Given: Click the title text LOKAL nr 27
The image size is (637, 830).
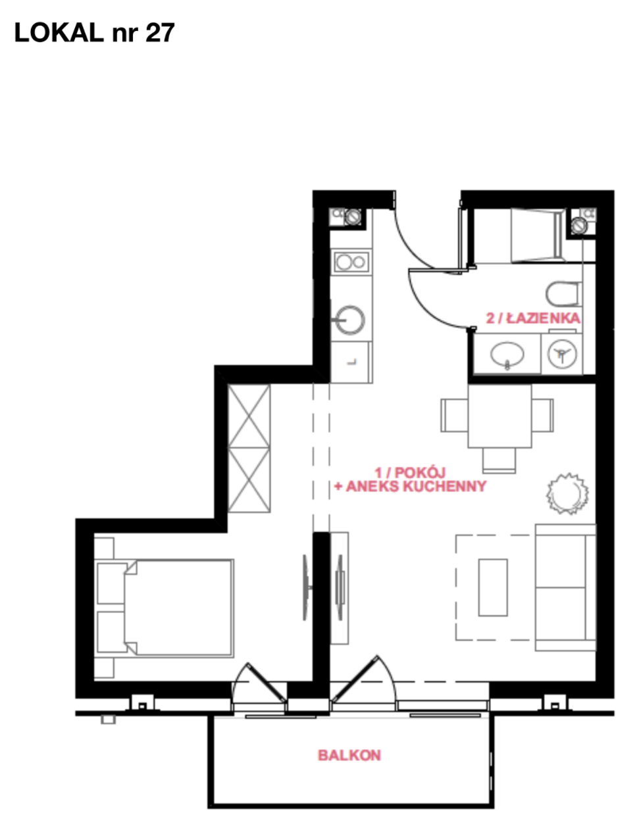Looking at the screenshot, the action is (x=94, y=32).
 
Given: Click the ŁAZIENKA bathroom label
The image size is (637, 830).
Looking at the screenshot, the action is (x=543, y=318).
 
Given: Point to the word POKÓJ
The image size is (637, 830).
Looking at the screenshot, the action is (x=420, y=472).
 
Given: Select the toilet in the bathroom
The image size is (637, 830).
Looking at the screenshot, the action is (x=564, y=294).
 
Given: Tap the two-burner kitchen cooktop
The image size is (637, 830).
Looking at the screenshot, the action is (x=351, y=262).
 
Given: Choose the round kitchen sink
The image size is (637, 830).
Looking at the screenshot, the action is (x=349, y=320).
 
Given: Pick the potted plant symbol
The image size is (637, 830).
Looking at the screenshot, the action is (x=567, y=493).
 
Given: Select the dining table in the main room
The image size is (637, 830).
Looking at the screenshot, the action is (x=499, y=416).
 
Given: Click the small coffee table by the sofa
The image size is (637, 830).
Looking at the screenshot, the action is (x=493, y=587).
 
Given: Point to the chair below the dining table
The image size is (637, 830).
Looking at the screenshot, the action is (x=499, y=460).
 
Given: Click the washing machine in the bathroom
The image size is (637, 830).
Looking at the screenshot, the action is (x=561, y=353).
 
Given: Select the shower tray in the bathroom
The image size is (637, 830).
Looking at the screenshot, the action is (x=536, y=235).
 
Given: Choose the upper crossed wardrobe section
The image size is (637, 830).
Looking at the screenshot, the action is (x=249, y=416).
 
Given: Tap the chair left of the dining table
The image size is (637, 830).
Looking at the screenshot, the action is (x=454, y=416).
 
